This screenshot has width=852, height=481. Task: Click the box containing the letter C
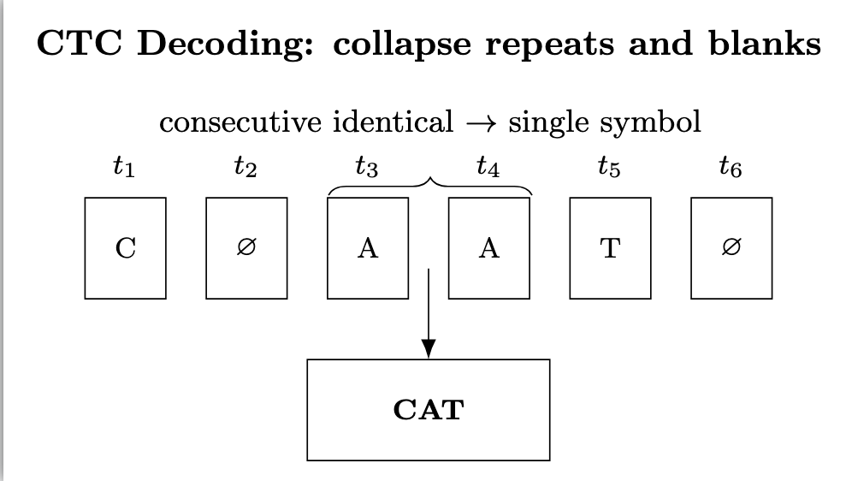pyautogui.click(x=125, y=248)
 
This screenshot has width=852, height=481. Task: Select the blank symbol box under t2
pyautogui.click(x=246, y=248)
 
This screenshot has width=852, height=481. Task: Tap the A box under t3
pyautogui.click(x=368, y=248)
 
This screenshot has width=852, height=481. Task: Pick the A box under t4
pyautogui.click(x=488, y=248)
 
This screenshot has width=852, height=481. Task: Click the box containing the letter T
pyautogui.click(x=610, y=248)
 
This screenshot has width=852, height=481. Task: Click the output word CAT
pyautogui.click(x=428, y=409)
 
